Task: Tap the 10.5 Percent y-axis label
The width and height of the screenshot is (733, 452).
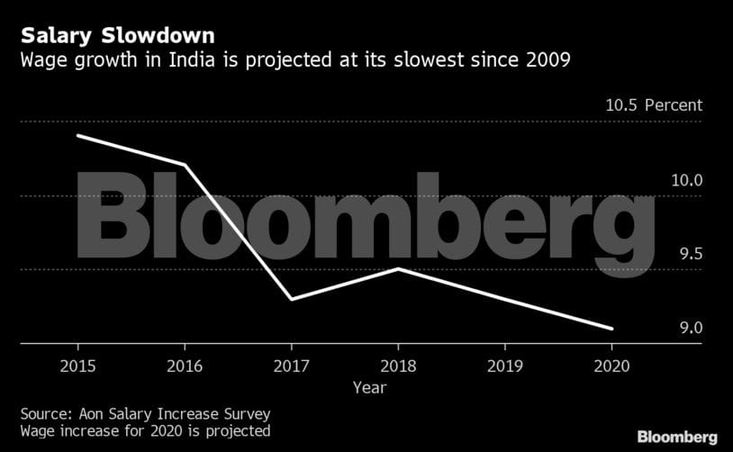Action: [653, 105]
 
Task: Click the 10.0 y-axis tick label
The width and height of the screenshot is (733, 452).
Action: [687, 180]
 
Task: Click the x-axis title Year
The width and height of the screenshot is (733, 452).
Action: [369, 388]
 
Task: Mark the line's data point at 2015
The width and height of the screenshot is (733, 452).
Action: [78, 135]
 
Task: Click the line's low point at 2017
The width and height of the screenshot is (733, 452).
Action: [291, 299]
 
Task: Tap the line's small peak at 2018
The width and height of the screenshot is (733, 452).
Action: [398, 268]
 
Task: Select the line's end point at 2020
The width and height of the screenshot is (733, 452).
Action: [611, 329]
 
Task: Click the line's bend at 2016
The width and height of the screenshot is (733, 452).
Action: [185, 165]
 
